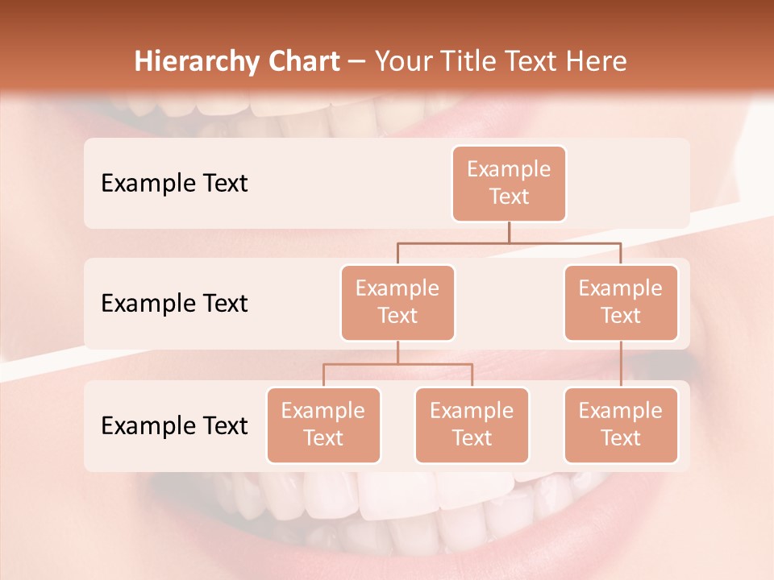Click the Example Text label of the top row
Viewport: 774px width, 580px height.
tap(174, 184)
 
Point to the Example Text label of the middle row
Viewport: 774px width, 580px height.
tap(174, 304)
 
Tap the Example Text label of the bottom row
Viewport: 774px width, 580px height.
tap(174, 425)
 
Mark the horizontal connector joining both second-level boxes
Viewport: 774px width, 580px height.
tap(509, 242)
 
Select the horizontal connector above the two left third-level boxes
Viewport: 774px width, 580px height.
tap(397, 364)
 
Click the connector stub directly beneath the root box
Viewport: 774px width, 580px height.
tap(509, 232)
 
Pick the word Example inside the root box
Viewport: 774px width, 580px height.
tap(509, 169)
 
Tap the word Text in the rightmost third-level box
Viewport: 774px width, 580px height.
tap(621, 438)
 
